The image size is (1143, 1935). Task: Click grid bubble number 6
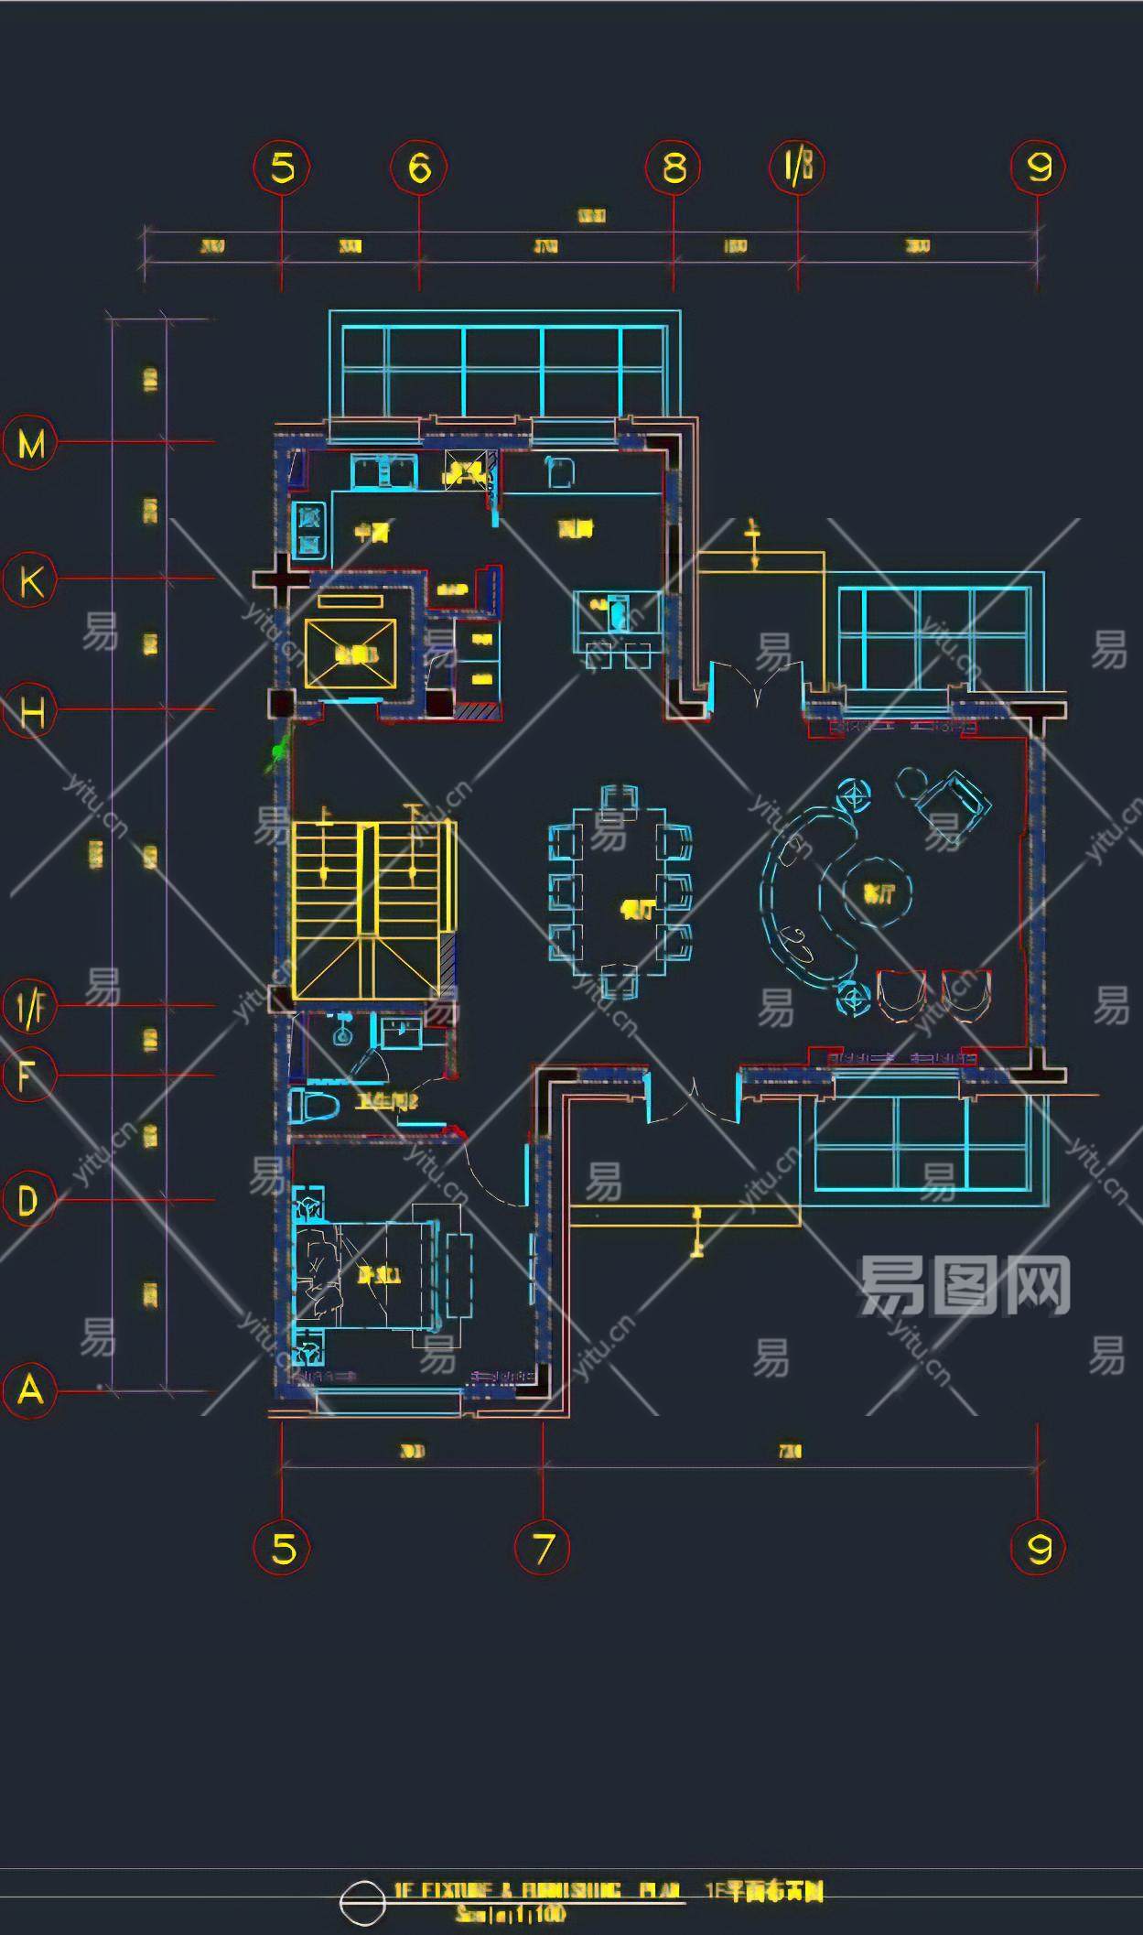click(x=419, y=167)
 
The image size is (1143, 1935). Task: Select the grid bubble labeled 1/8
click(x=797, y=167)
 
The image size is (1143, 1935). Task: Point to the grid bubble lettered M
click(x=30, y=444)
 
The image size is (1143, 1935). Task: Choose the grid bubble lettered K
click(x=30, y=580)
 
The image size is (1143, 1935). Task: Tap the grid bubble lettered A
click(x=30, y=1389)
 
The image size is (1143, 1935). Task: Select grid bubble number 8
click(x=674, y=167)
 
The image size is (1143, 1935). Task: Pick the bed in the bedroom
click(x=366, y=1273)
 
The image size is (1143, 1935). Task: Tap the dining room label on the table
click(x=637, y=909)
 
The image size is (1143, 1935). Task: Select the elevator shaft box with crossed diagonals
click(x=350, y=654)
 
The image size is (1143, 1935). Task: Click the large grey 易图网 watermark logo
click(x=965, y=1286)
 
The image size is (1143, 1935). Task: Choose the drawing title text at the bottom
click(x=608, y=1890)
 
